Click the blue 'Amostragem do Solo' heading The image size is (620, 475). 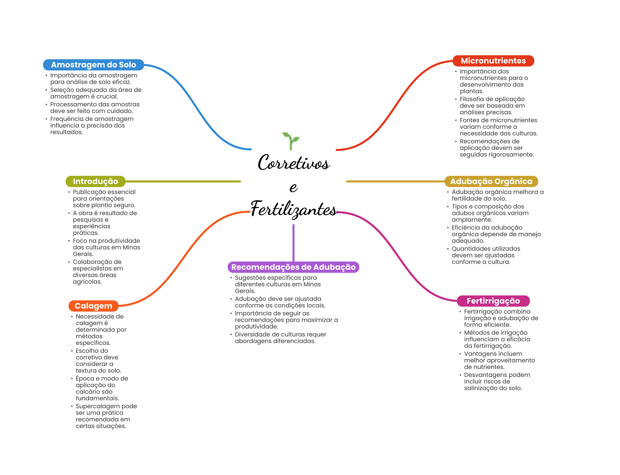93,65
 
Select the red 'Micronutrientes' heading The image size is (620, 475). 493,61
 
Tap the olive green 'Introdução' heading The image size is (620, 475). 95,181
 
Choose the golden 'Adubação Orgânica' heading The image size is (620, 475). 491,181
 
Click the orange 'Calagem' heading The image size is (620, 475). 93,306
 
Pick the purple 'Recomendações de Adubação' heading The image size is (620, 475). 293,267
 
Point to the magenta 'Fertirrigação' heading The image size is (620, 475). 493,301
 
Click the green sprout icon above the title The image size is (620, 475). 291,141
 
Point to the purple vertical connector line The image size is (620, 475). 293,242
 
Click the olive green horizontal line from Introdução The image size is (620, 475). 182,181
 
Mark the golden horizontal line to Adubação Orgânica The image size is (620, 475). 394,181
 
